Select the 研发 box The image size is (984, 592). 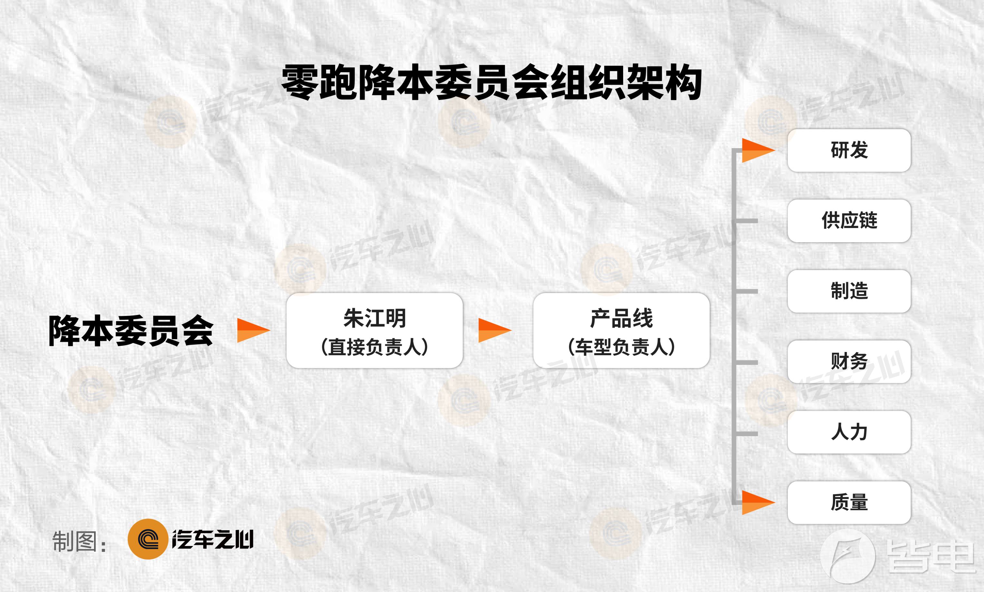[849, 150]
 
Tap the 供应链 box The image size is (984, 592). [849, 221]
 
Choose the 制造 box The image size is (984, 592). [849, 291]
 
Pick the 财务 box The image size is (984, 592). [849, 362]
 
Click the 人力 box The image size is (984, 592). [849, 432]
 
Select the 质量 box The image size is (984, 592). [849, 503]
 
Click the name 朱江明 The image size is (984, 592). [375, 318]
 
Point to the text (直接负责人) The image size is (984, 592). [375, 347]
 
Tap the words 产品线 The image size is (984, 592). [621, 318]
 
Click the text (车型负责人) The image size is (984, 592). [621, 347]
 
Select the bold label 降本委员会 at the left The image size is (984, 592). [131, 330]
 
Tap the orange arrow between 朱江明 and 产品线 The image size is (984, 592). [495, 330]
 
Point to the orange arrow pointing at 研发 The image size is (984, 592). [758, 150]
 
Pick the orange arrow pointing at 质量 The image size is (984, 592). [758, 503]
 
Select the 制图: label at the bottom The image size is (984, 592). [80, 542]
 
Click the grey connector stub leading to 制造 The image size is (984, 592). [747, 291]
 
